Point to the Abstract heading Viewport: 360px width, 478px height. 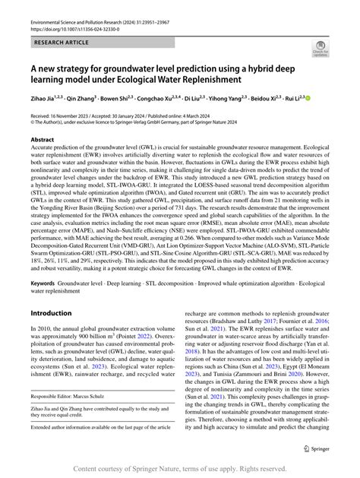coord(42,140)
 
